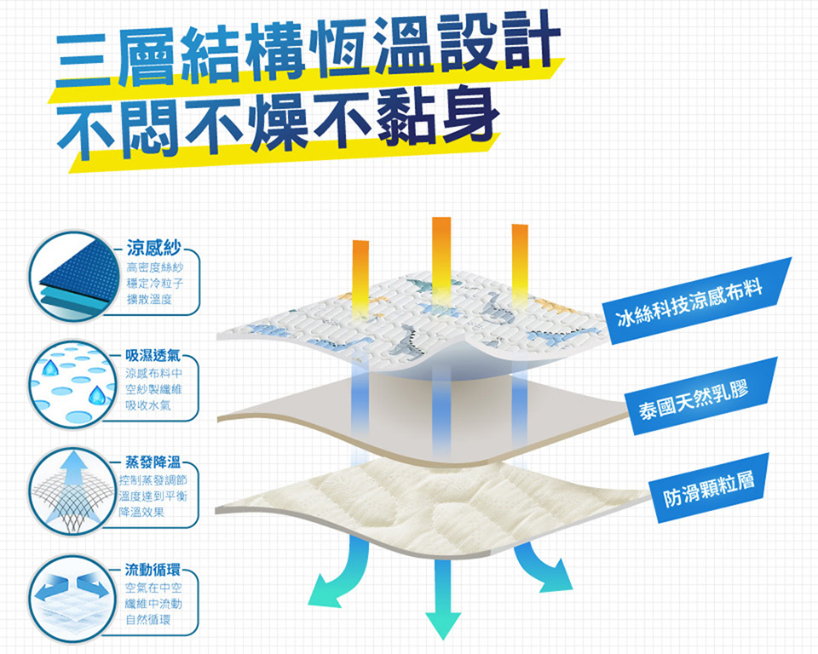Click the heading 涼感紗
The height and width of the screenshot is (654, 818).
coord(153,248)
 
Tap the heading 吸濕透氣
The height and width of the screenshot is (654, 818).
coord(153,356)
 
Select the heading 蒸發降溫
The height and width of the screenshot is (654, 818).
coord(153,462)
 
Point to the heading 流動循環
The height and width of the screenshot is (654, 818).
coord(153,570)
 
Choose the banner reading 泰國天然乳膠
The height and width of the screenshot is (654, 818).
coord(700,396)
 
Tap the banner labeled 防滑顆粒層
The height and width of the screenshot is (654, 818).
coord(709,488)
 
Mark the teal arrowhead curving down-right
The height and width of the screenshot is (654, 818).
coord(556,577)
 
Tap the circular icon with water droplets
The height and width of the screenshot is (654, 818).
coord(72,384)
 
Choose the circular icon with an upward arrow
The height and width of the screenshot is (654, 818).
coord(72,490)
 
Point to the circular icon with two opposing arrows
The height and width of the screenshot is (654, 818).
coord(72,599)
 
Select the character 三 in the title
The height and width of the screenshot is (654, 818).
coord(84,60)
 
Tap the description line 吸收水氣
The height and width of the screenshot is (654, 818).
coord(147,405)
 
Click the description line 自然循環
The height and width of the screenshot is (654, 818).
coord(148,620)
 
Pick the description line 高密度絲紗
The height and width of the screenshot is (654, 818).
coord(155,267)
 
